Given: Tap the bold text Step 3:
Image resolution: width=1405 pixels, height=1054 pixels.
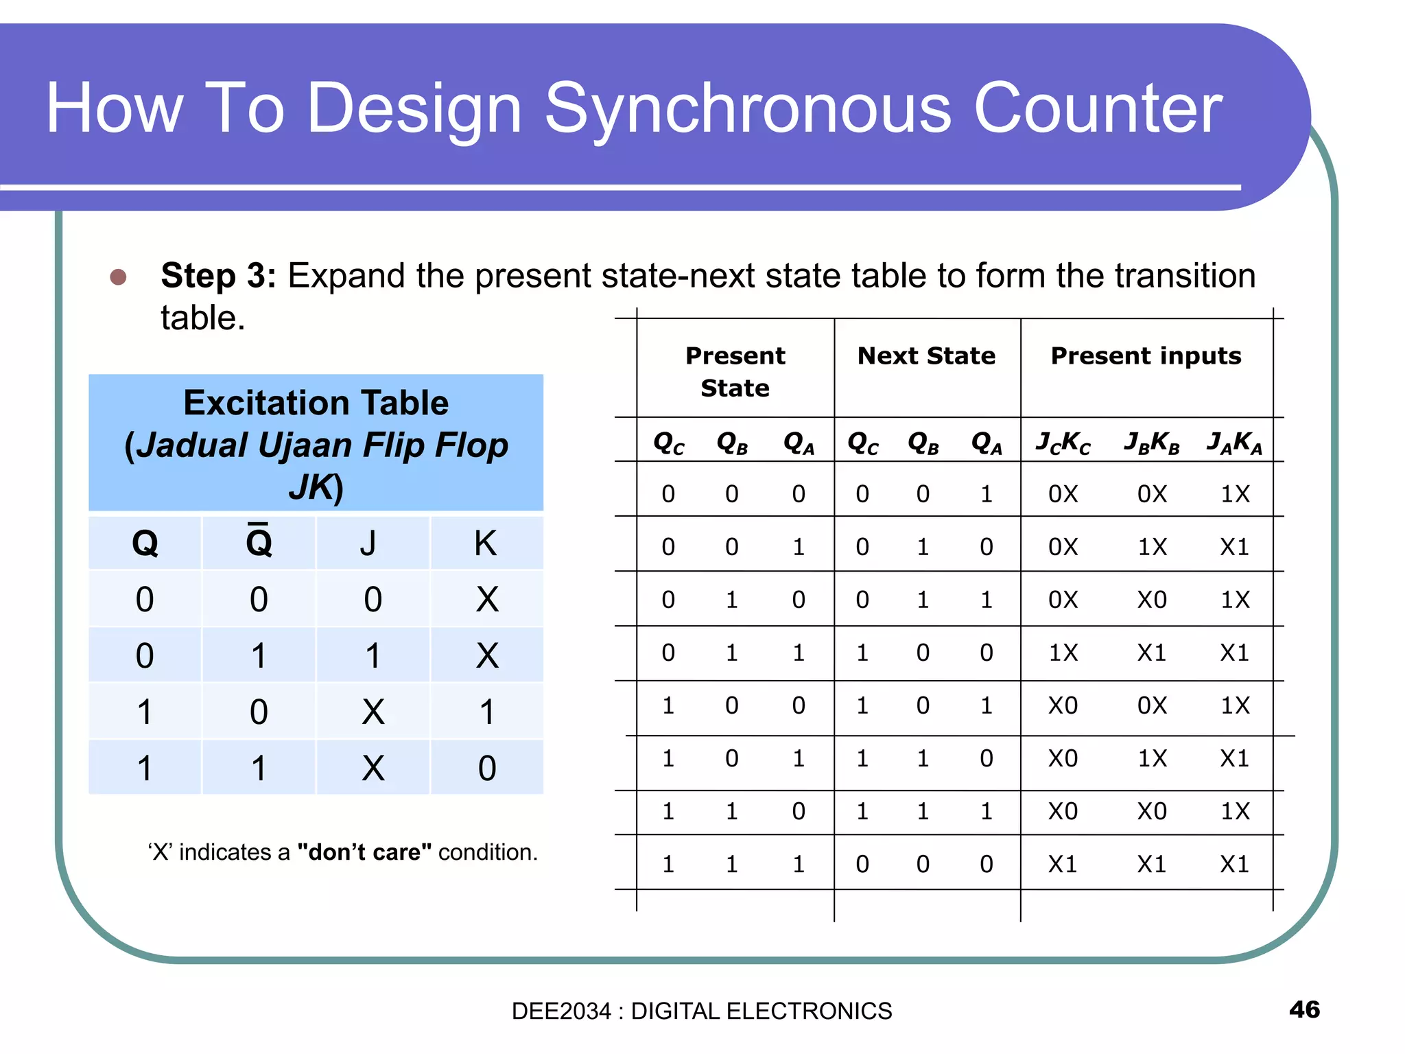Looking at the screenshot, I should [x=217, y=277].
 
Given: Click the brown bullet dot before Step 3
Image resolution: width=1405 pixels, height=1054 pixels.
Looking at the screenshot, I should [x=118, y=277].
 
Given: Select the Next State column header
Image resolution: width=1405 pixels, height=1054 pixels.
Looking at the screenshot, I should [x=926, y=356].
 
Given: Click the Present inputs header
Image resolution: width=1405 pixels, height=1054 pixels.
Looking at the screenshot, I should [x=1146, y=356].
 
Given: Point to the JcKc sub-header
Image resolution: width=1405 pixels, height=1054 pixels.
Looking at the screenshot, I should [x=1063, y=443].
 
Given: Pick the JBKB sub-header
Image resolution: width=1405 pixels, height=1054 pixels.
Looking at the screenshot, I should [x=1152, y=443].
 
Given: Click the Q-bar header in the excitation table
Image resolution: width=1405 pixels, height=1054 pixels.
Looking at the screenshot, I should [x=259, y=543].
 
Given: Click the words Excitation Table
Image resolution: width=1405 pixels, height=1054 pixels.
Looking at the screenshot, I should [x=316, y=403].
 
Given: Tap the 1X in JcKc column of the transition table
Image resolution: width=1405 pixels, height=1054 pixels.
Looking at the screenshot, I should [x=1063, y=653].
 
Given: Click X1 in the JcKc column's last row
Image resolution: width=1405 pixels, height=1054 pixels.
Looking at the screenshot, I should [x=1063, y=864].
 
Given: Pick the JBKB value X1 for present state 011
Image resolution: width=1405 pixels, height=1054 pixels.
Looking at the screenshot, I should [x=1152, y=653].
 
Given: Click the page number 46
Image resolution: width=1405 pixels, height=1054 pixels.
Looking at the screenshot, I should [x=1304, y=1009].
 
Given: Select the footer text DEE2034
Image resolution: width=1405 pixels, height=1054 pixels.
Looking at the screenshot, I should [x=560, y=1011].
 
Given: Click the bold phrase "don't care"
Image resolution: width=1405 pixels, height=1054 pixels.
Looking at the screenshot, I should [x=364, y=852].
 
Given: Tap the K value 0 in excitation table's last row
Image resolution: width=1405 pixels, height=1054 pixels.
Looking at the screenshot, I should [x=486, y=768].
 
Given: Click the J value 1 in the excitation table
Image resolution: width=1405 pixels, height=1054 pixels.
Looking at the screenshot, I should [x=373, y=655].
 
